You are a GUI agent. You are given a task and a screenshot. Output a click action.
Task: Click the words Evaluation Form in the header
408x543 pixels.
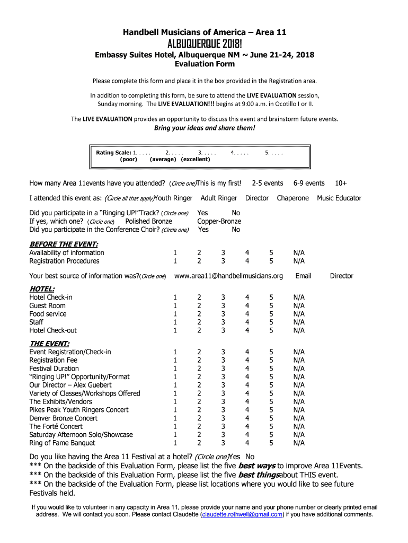click(x=204, y=64)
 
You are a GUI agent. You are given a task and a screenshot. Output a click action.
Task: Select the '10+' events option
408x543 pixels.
click(x=341, y=183)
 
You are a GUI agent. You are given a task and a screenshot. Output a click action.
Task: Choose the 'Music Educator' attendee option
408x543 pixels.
click(x=339, y=198)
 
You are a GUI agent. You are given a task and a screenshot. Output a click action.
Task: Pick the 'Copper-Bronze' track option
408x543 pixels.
click(x=219, y=221)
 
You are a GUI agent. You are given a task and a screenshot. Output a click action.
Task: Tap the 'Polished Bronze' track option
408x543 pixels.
click(x=148, y=221)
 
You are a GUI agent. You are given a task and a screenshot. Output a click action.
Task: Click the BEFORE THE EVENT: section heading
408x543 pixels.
click(x=64, y=244)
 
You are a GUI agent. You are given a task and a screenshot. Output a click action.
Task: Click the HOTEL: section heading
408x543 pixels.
click(x=42, y=288)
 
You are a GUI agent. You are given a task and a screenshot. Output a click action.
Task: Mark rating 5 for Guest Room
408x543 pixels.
click(x=271, y=305)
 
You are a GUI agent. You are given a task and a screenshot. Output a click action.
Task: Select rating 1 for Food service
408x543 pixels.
click(x=175, y=314)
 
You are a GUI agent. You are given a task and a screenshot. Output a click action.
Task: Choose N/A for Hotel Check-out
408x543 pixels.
click(x=299, y=330)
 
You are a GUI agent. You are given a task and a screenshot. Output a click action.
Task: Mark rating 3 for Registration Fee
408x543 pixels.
click(x=223, y=360)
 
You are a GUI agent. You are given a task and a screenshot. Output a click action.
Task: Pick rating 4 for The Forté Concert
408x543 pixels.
click(x=247, y=426)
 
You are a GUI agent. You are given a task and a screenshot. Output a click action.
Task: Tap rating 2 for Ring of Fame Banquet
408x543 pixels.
click(x=199, y=443)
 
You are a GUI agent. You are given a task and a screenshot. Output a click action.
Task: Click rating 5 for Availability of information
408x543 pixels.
click(x=271, y=253)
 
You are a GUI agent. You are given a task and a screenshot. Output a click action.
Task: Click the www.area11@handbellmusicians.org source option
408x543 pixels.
click(x=228, y=276)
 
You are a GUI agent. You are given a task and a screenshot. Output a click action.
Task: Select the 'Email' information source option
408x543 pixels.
click(x=303, y=276)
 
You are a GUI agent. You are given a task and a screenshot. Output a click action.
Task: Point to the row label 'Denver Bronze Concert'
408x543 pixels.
click(x=64, y=418)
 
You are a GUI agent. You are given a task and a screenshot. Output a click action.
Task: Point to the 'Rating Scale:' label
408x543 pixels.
click(x=113, y=153)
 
